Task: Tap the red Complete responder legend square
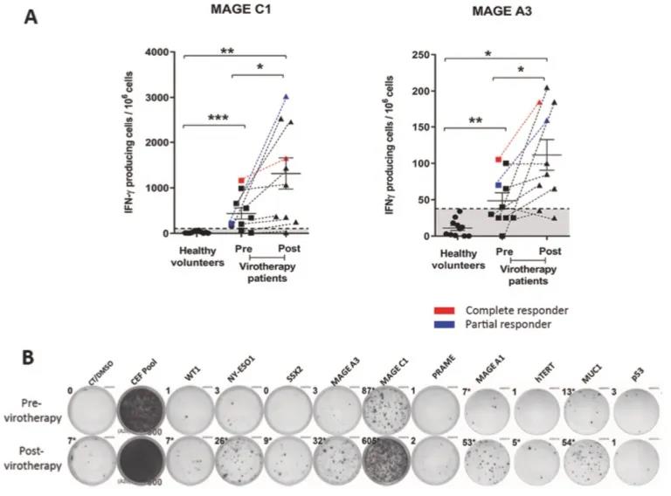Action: (x=445, y=310)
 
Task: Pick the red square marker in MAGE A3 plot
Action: (x=499, y=160)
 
